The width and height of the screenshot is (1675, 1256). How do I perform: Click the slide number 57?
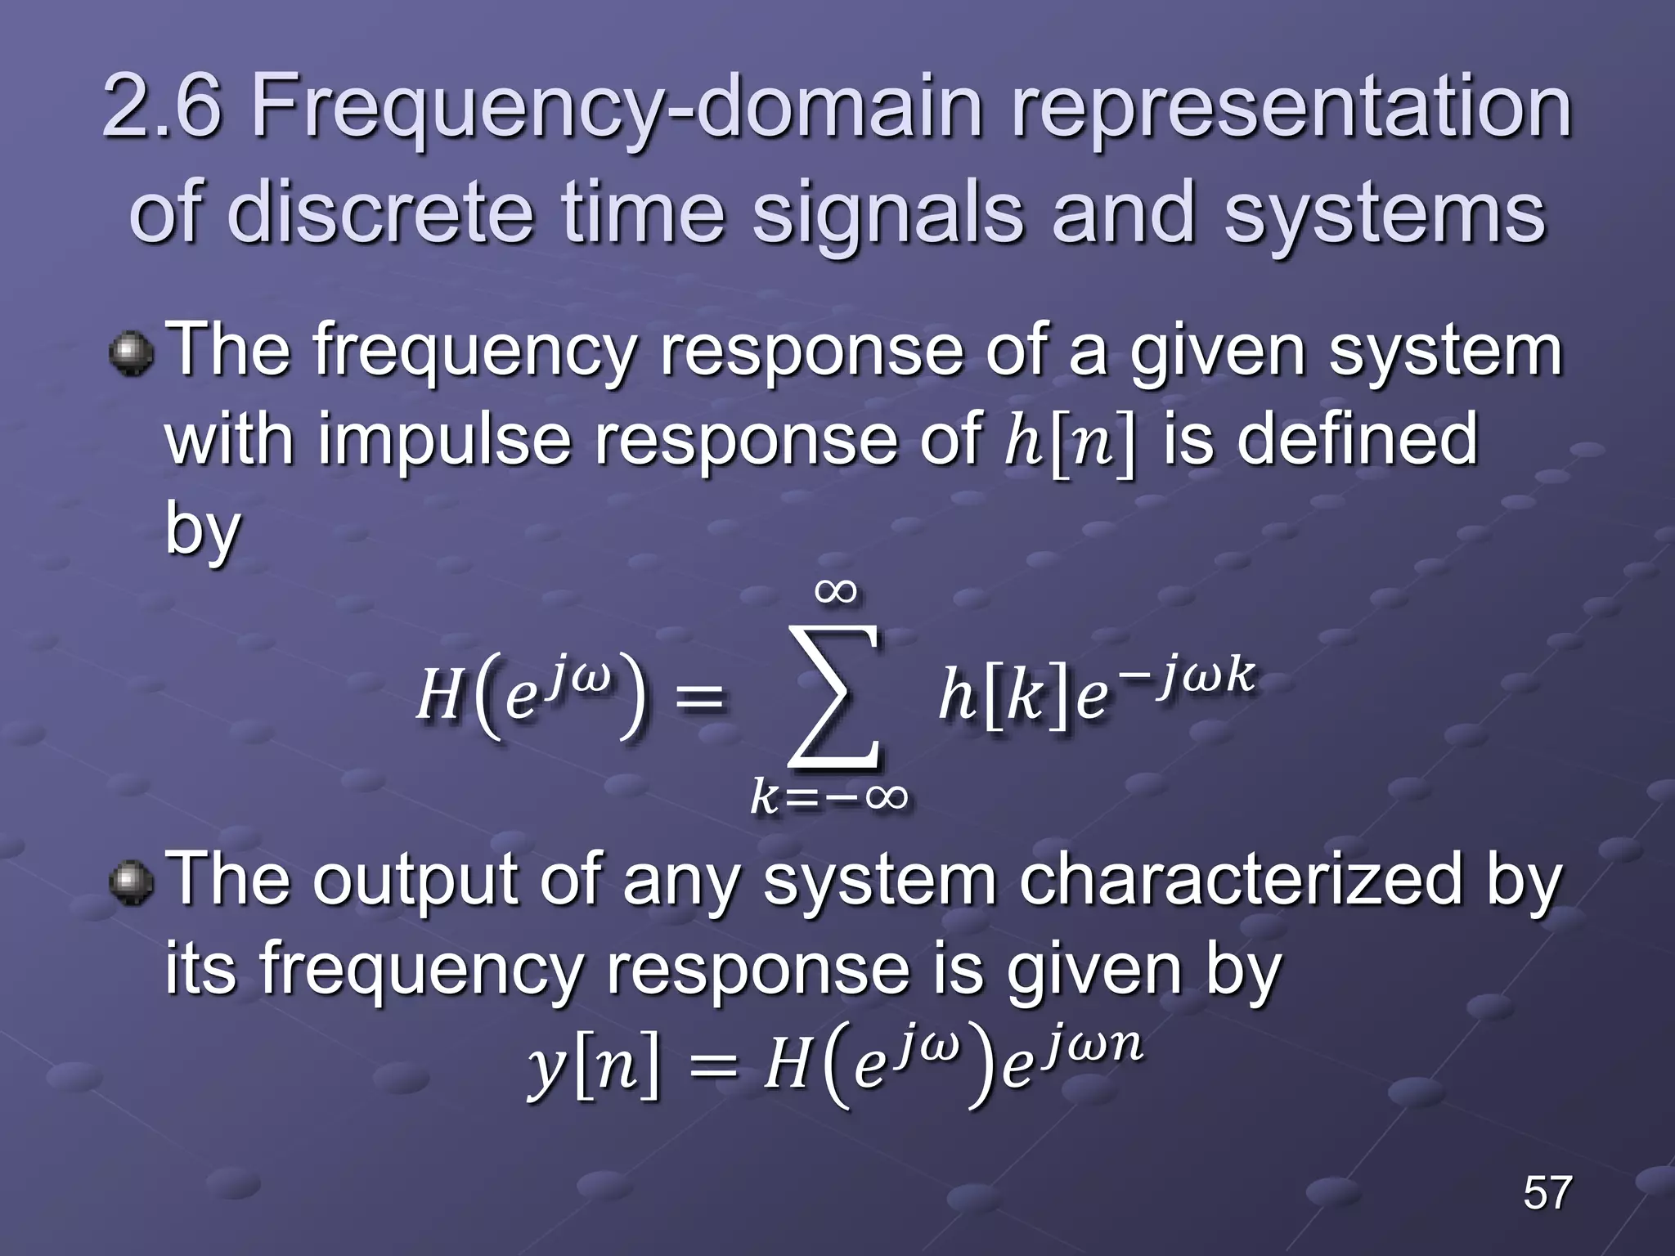pos(1547,1192)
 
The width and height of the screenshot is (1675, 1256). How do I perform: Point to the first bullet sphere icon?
pos(131,353)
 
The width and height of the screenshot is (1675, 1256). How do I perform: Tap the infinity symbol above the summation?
pos(836,590)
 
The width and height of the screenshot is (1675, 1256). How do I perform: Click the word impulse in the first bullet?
pos(444,439)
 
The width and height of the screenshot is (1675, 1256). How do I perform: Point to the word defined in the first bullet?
pos(1357,439)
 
